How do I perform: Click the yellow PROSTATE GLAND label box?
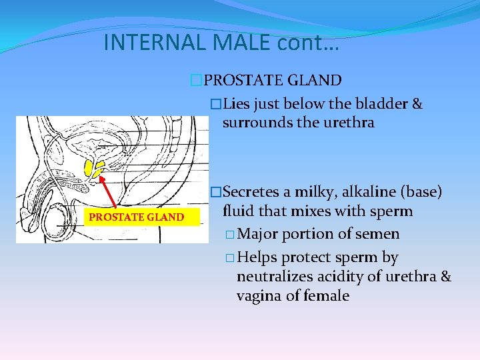point(137,217)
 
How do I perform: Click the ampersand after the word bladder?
point(417,104)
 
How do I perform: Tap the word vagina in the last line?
point(259,295)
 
